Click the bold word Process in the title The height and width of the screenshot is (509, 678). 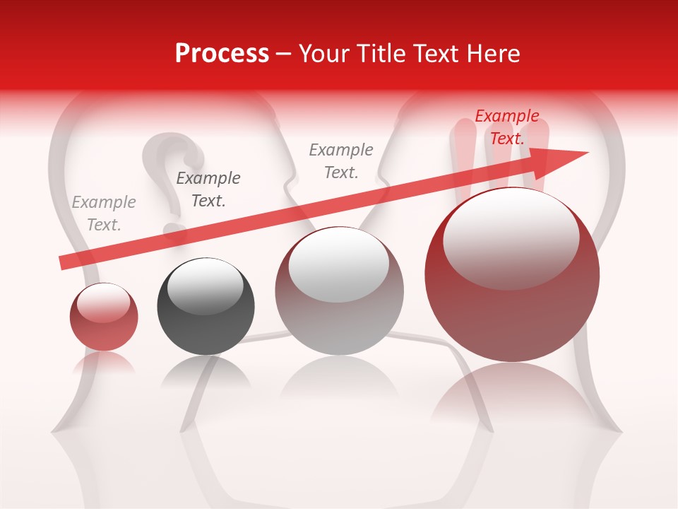tap(222, 54)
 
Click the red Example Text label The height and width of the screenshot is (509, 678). tap(506, 127)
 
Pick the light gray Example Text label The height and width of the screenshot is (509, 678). tap(104, 213)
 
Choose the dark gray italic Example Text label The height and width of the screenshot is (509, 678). tap(208, 189)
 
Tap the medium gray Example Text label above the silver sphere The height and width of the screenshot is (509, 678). tap(341, 161)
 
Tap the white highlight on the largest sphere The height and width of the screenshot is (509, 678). tap(511, 237)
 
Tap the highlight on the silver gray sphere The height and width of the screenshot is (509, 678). tap(338, 265)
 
